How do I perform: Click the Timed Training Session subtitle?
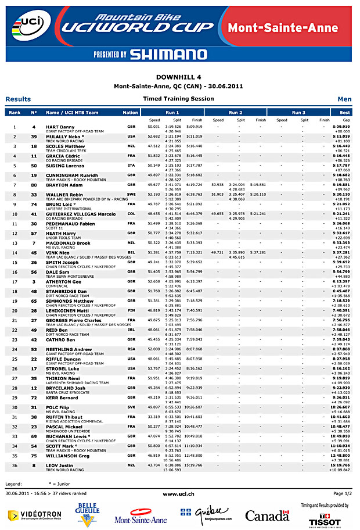(x=178, y=99)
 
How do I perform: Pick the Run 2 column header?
(x=235, y=112)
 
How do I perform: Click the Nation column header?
(x=131, y=112)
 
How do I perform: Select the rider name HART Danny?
(x=60, y=126)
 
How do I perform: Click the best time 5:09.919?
(x=341, y=126)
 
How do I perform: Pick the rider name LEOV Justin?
(x=59, y=464)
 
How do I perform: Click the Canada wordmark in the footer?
(x=267, y=515)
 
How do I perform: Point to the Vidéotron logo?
(x=34, y=515)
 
